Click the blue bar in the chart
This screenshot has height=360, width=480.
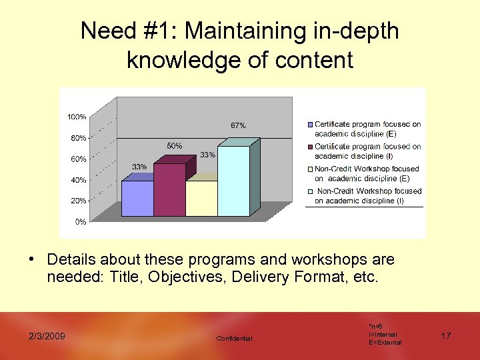[137, 198]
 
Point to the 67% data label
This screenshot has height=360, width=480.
[238, 125]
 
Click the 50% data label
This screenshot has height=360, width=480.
[174, 145]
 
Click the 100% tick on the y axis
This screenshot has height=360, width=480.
[77, 117]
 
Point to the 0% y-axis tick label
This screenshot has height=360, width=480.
[80, 221]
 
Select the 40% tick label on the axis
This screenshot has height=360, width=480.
[78, 180]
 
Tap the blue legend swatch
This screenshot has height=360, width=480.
[310, 125]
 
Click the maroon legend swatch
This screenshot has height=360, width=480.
[310, 147]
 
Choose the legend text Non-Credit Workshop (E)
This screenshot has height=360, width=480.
[367, 173]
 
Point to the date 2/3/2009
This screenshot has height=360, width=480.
[46, 336]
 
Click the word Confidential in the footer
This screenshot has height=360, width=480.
[235, 339]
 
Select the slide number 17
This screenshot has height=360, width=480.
[445, 336]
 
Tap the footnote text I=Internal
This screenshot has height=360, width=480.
[383, 334]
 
